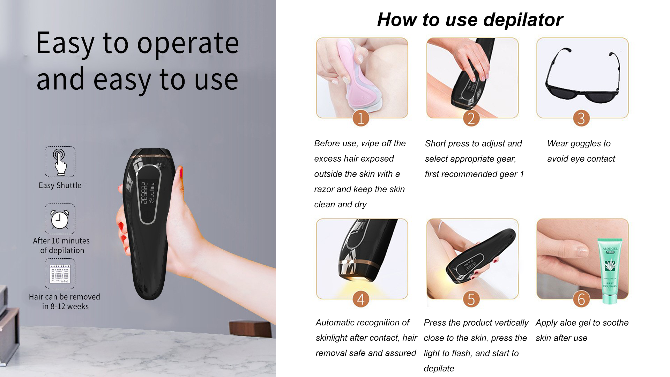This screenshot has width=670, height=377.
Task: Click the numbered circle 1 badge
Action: [361, 118]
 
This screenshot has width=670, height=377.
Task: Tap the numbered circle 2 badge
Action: [471, 118]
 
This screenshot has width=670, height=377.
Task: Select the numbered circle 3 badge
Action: [581, 118]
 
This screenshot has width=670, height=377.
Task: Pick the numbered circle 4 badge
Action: [361, 299]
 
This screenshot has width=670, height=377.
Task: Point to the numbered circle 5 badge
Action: [471, 299]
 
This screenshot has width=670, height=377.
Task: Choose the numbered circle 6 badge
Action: [581, 299]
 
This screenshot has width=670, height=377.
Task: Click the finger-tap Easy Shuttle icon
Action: [60, 162]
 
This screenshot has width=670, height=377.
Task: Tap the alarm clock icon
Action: [60, 219]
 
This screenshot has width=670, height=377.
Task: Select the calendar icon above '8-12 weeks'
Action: [60, 274]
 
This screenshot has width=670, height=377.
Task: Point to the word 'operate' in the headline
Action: [188, 44]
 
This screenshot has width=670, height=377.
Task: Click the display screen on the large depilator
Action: [148, 194]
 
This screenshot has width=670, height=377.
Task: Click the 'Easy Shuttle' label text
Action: [60, 185]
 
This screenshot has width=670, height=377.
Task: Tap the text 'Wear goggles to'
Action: [579, 143]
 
